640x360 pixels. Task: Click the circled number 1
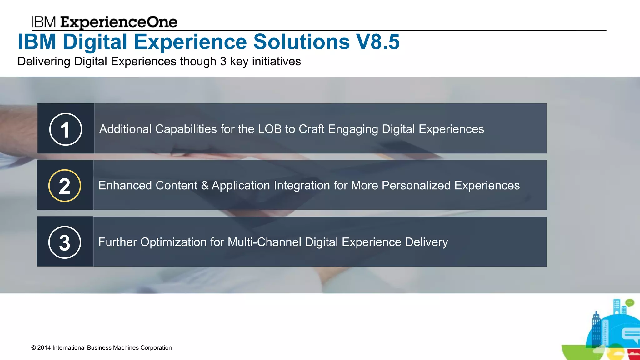[x=66, y=129]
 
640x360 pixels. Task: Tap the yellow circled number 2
[x=65, y=186]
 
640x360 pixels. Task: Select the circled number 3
[x=65, y=242]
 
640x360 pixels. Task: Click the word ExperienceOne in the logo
[x=119, y=22]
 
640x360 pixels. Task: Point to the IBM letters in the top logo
[x=43, y=22]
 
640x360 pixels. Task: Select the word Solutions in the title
[x=301, y=42]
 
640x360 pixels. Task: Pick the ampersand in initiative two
[x=205, y=186]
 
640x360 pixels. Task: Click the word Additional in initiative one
[x=125, y=129]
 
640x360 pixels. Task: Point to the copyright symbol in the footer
[x=34, y=348]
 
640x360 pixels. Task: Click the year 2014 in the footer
[x=44, y=348]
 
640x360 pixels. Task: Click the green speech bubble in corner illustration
[x=630, y=302]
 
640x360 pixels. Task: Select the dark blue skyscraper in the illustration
[x=596, y=328]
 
